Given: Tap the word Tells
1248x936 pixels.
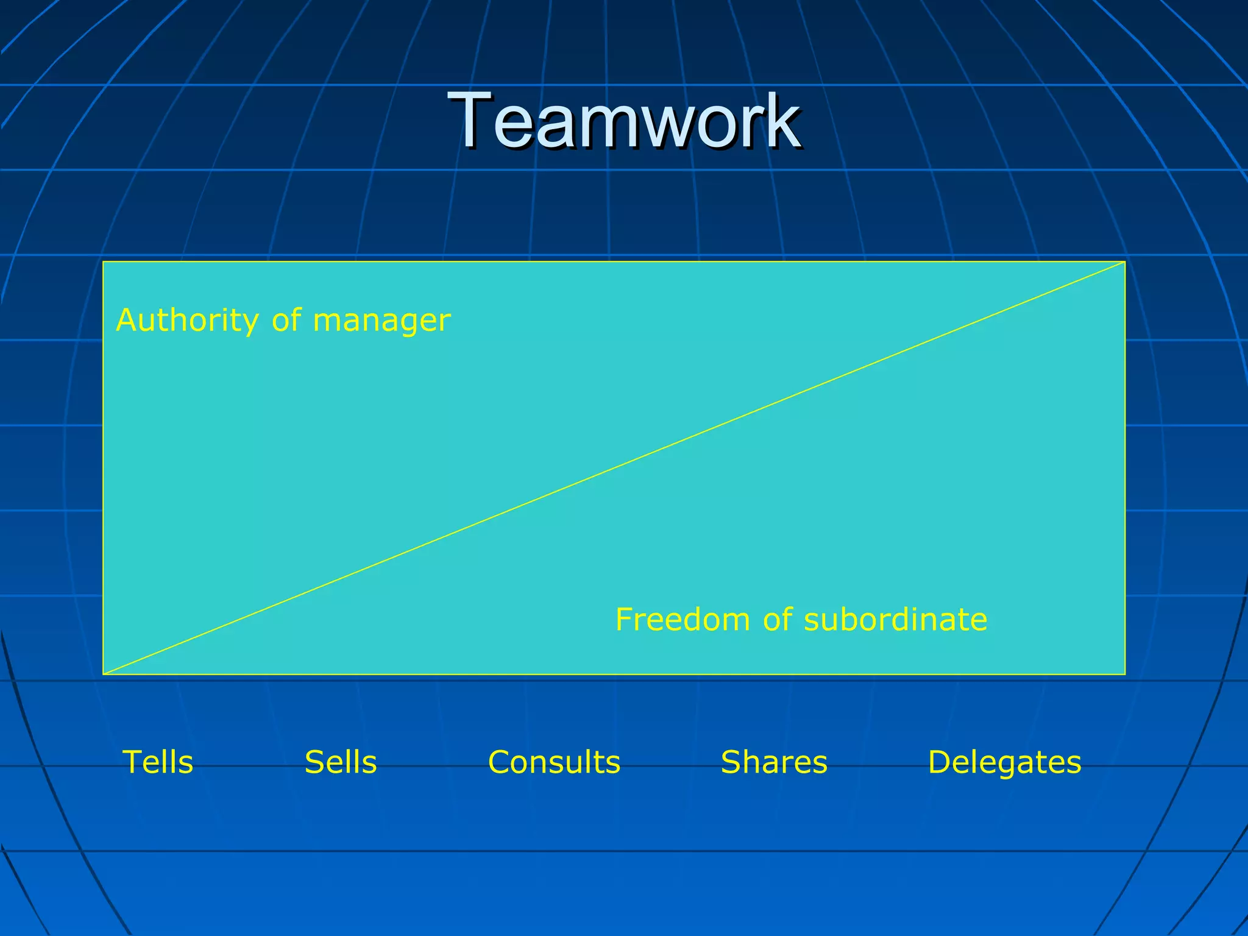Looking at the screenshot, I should [158, 762].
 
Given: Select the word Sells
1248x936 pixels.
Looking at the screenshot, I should [341, 762].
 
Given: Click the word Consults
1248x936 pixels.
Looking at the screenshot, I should [554, 762].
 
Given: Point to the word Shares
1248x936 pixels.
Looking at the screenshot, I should [774, 762].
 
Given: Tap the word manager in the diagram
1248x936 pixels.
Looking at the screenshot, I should [381, 321].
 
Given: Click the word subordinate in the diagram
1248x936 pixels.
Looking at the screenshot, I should [895, 619].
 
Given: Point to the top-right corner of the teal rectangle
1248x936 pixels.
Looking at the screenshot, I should [1124, 262].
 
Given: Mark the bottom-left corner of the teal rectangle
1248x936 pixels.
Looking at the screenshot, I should [104, 674].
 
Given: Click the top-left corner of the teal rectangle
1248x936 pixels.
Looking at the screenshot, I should [104, 262].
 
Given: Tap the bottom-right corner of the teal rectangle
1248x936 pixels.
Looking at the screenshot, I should [1124, 674].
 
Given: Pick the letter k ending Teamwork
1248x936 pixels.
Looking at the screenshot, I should [782, 120].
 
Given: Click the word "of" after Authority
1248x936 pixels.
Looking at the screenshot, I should [286, 321].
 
